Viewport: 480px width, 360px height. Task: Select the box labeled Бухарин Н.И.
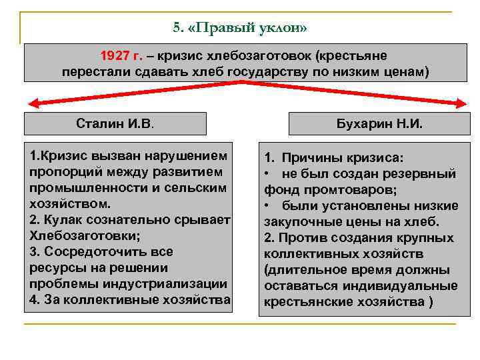tap(381, 124)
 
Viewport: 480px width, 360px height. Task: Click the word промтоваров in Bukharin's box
tap(354, 190)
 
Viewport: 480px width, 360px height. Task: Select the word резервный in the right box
tap(426, 174)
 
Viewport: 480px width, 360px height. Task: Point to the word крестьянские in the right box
tap(304, 302)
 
